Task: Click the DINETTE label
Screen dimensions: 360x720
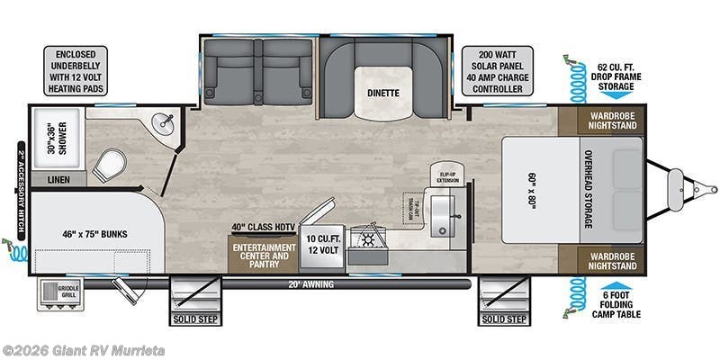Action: point(382,93)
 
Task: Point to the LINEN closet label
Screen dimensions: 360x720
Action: point(55,180)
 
